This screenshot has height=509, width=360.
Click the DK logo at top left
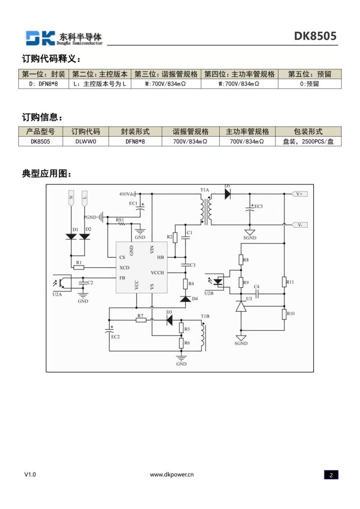tap(40, 38)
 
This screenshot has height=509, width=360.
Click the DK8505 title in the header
tap(315, 36)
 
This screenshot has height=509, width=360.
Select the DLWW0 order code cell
tap(86, 142)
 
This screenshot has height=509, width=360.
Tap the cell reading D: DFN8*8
tap(43, 84)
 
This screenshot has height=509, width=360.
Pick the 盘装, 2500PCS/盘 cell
tap(308, 142)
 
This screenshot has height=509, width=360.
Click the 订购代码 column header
tap(86, 131)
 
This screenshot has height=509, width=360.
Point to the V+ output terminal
tap(300, 194)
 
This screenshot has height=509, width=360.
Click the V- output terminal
tap(300, 225)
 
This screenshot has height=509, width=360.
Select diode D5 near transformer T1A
tap(228, 194)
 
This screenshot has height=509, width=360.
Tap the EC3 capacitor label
tap(259, 206)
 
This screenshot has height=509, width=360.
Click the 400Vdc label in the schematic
tap(127, 194)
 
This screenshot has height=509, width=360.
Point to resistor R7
tap(141, 320)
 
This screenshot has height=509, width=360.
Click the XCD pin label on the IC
tap(124, 267)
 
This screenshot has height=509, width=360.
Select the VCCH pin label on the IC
tap(158, 273)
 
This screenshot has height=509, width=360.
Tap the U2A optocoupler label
tap(57, 294)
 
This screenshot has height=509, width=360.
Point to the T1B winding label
tap(205, 316)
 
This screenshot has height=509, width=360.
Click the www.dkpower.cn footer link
tap(172, 474)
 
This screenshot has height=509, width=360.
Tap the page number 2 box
tap(331, 475)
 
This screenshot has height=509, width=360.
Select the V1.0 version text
tap(30, 474)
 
